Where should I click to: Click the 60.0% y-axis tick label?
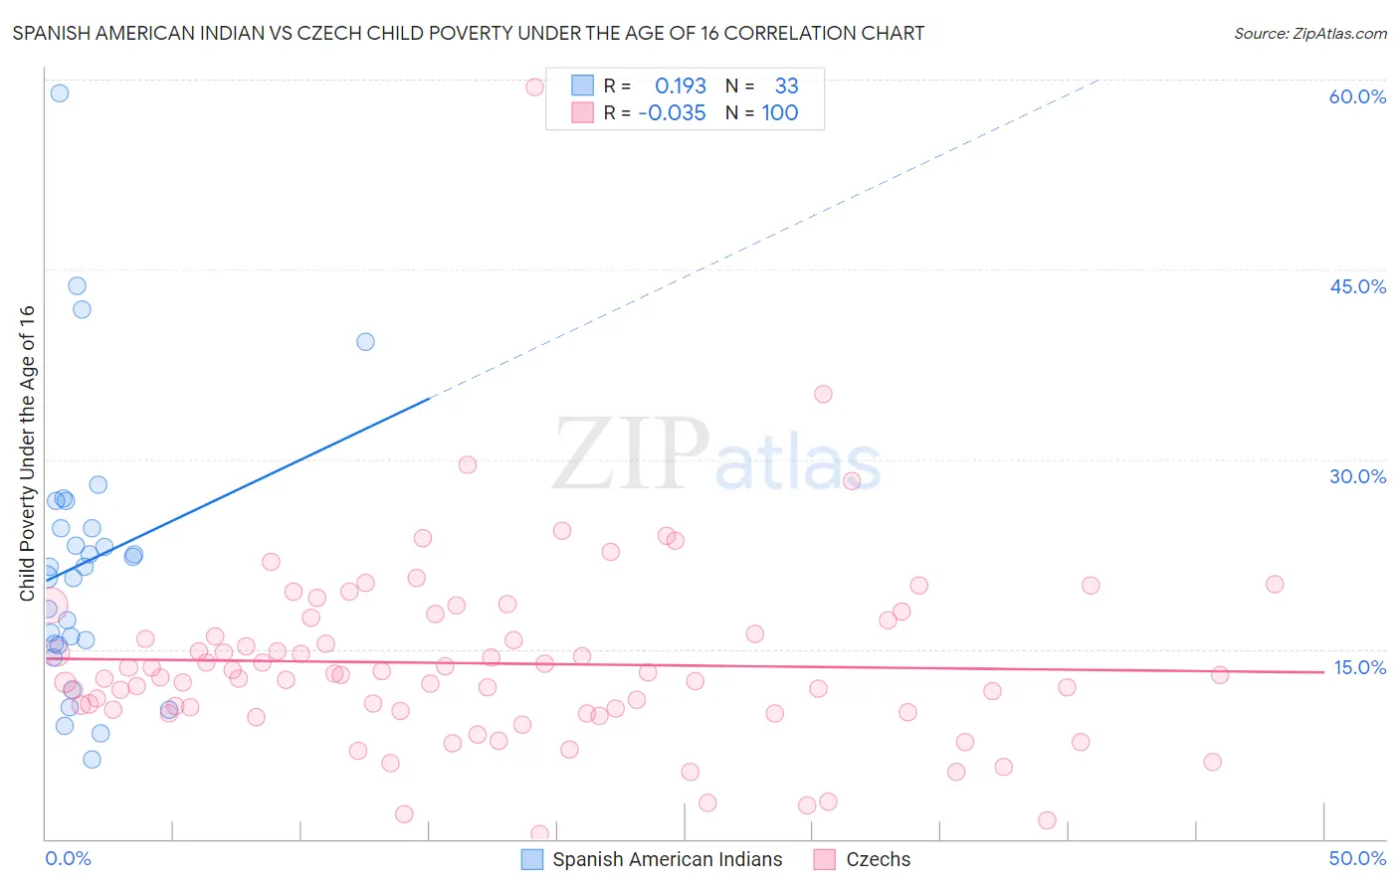point(1357,96)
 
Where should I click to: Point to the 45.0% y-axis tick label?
point(1357,286)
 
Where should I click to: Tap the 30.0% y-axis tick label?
point(1357,476)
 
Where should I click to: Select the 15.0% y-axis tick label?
point(1359,667)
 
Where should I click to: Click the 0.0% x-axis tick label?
point(68,858)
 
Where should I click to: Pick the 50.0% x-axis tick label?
point(1357,858)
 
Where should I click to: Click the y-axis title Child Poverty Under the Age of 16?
point(27,452)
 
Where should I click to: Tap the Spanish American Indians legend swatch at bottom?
point(532,859)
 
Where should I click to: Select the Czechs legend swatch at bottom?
point(824,859)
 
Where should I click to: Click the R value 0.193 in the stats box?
point(680,86)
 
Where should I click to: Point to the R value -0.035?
point(672,113)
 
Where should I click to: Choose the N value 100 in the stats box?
point(780,113)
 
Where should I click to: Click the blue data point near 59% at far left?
point(60,92)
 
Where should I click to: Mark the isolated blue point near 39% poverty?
point(365,341)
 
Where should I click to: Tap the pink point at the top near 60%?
point(534,87)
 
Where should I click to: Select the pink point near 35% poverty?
point(823,394)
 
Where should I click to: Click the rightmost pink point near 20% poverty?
point(1275,584)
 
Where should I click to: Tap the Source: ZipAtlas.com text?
point(1309,33)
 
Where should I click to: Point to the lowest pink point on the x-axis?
point(539,834)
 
